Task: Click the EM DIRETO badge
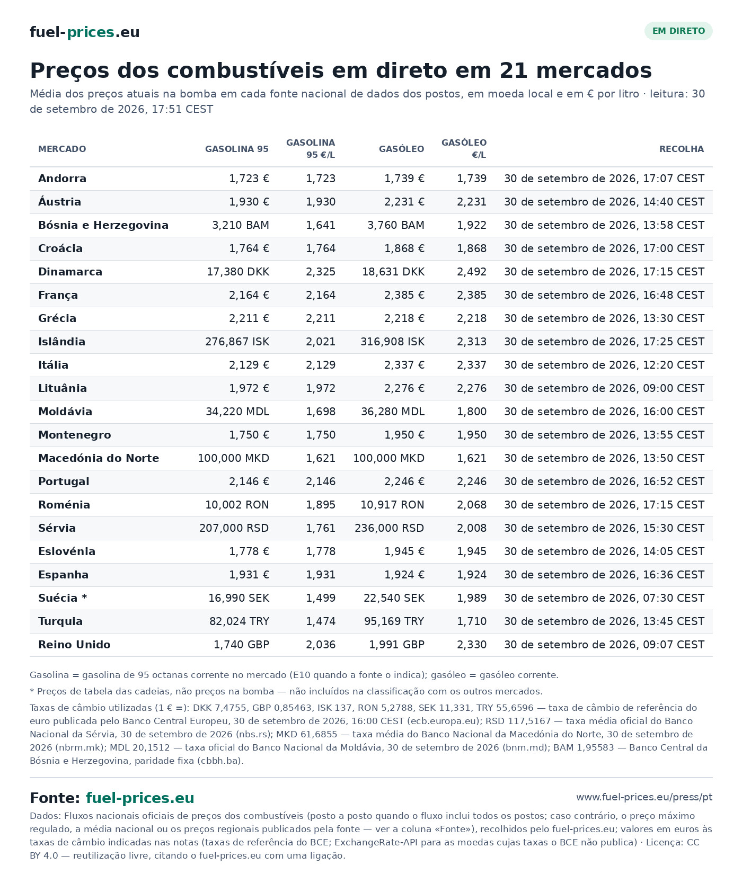tap(678, 31)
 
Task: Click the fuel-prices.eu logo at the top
tap(85, 32)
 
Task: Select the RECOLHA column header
tap(682, 149)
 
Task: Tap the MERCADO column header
tap(62, 149)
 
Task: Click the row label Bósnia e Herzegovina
tap(103, 225)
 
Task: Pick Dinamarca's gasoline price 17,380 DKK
tap(238, 272)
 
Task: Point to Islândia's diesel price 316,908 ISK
tap(393, 342)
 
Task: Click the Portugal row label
tap(64, 481)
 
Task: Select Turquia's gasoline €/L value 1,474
tap(321, 621)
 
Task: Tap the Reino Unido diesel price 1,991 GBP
tap(397, 645)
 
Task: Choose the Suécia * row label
tap(63, 598)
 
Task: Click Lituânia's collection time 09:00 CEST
tap(674, 388)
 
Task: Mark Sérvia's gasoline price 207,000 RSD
tap(234, 528)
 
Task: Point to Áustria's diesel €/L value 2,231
tap(472, 202)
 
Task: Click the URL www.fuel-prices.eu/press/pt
tap(644, 797)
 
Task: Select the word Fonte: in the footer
tap(55, 798)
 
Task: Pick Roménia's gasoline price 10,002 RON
tap(237, 505)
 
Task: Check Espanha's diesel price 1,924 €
tap(404, 575)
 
